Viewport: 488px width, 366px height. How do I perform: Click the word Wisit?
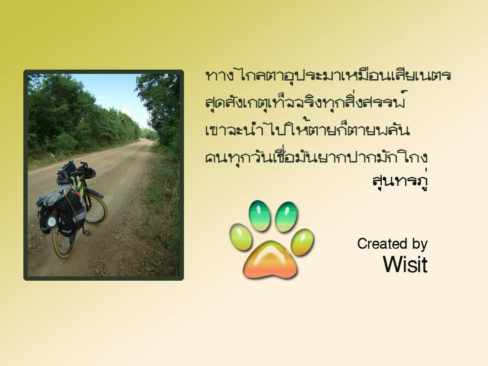[405, 264]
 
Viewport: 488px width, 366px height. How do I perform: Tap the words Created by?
[392, 244]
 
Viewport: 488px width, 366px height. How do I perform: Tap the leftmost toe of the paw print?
[240, 236]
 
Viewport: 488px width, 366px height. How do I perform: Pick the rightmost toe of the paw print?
[302, 242]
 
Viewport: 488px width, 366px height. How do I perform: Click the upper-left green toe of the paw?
[259, 215]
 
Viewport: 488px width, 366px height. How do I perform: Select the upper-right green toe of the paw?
[286, 217]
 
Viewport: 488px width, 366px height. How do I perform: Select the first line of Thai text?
[328, 75]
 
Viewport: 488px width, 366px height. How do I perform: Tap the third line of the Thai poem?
[307, 129]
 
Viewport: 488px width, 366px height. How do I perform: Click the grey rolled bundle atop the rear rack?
[54, 196]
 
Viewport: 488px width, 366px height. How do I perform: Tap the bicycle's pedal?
[88, 233]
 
